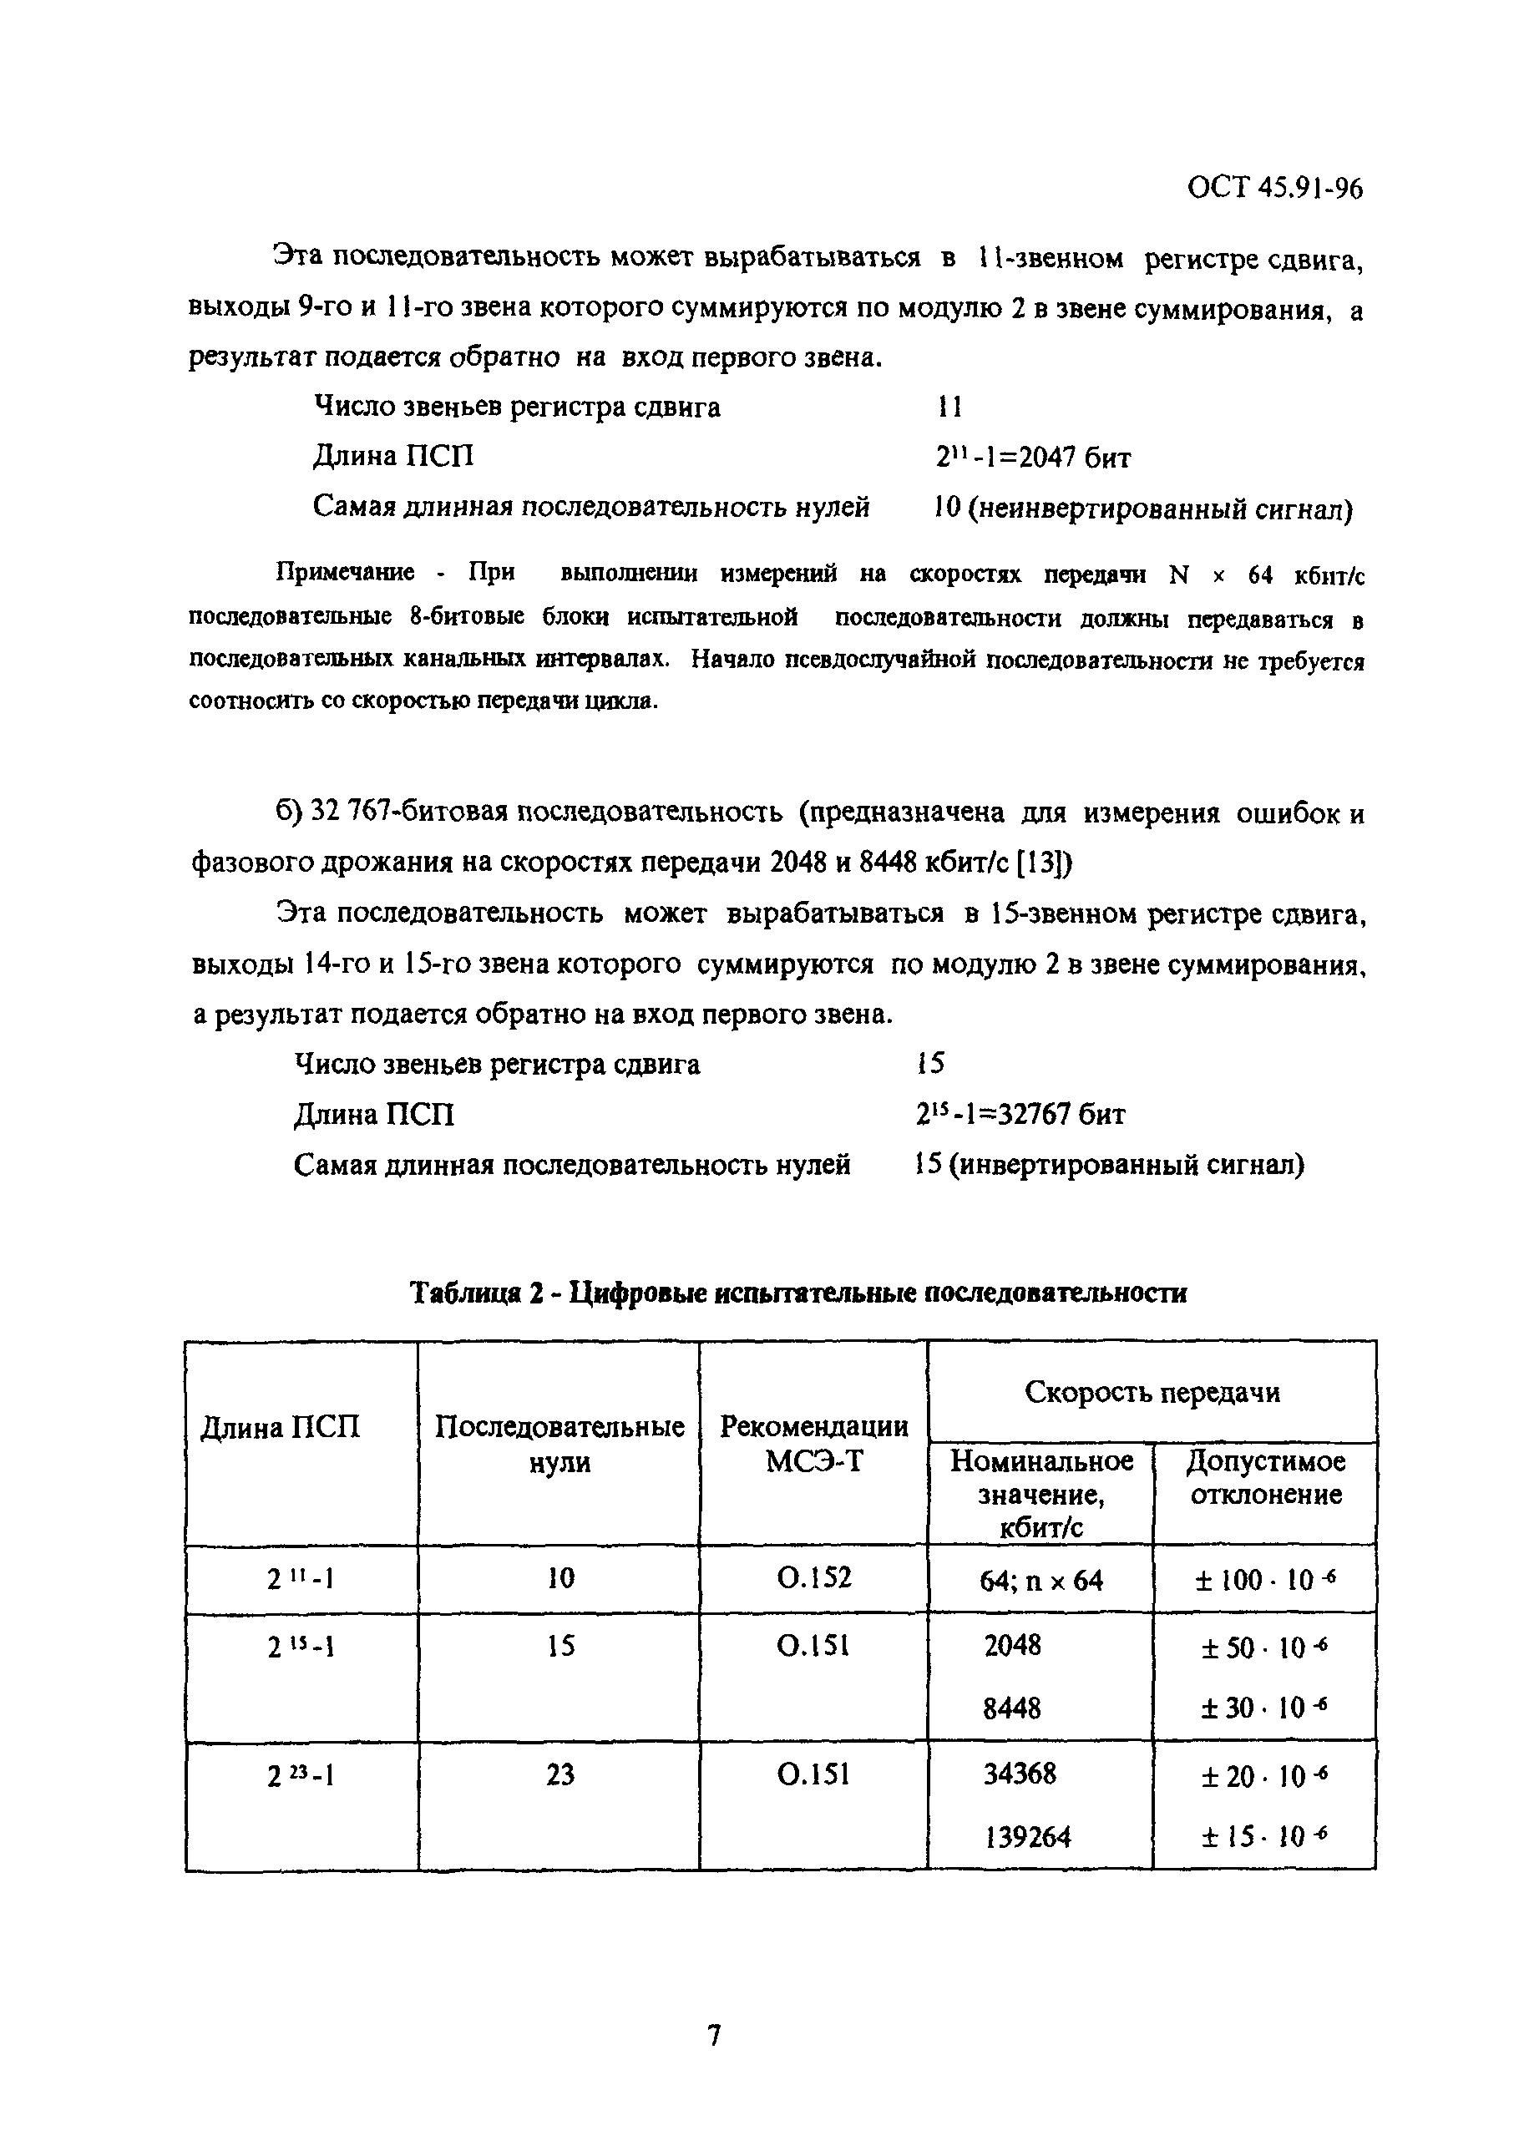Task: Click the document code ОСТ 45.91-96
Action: [x=1274, y=189]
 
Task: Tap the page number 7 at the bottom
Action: [x=714, y=2037]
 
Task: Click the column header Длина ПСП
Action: [x=281, y=1427]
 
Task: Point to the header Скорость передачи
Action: [x=1152, y=1392]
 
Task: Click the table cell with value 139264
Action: [x=1028, y=1836]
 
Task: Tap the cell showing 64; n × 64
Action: [x=1040, y=1582]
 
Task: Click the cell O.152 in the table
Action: [x=813, y=1578]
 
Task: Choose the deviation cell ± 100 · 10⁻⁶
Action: [x=1265, y=1582]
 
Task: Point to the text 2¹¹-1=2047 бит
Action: [x=1032, y=457]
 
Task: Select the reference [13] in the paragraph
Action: [x=1043, y=863]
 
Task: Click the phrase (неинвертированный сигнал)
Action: [x=1160, y=509]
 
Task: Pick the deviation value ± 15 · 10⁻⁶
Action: [x=1265, y=1836]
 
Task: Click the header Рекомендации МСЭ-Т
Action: [x=813, y=1443]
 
